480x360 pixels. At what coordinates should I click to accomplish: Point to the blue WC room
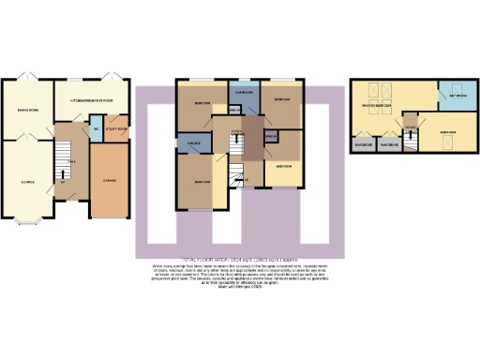97,129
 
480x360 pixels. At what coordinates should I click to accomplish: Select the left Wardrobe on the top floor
363,145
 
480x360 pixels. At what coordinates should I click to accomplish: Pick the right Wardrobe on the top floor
388,145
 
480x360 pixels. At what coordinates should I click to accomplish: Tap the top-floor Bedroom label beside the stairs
448,132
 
